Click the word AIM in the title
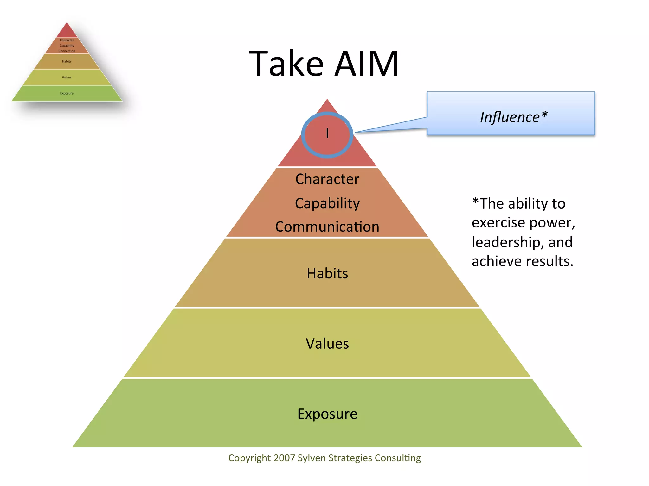point(367,64)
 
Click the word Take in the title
point(286,64)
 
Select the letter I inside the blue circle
point(327,133)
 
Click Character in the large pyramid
point(327,179)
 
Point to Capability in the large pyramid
point(327,203)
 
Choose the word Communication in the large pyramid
point(327,227)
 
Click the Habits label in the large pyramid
point(327,273)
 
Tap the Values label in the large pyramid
point(327,344)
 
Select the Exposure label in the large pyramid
point(327,414)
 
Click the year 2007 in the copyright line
point(284,458)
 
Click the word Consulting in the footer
point(398,458)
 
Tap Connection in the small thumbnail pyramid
point(67,51)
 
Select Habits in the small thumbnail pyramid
point(67,61)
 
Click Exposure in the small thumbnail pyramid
point(67,93)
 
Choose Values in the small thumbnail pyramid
point(67,77)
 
